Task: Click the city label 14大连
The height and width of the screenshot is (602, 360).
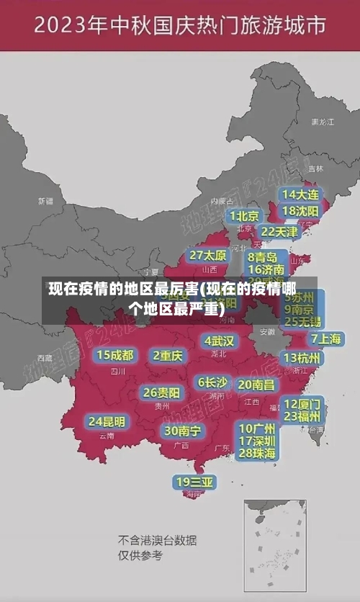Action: [x=300, y=195]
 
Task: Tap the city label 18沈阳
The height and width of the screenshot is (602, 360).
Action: [x=300, y=211]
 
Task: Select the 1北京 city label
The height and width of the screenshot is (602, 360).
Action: [x=244, y=216]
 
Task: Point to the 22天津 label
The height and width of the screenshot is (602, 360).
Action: [x=279, y=232]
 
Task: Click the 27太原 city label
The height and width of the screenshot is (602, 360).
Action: [x=208, y=255]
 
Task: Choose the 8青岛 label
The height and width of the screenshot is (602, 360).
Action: [x=263, y=256]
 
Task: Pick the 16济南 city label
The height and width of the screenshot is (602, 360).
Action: [x=266, y=270]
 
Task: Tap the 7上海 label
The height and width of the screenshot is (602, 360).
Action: [x=325, y=338]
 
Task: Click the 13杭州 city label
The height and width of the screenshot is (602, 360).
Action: [x=303, y=358]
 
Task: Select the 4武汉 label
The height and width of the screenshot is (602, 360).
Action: [x=219, y=341]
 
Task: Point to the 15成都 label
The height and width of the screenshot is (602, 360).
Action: [x=115, y=355]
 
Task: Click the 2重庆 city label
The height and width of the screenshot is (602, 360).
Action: [x=168, y=355]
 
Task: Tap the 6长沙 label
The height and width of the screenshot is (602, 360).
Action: [x=212, y=382]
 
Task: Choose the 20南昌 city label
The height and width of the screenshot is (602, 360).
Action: [x=256, y=385]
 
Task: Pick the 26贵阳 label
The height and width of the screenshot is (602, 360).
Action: [x=161, y=392]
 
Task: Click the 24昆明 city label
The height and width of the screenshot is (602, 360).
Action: [x=107, y=421]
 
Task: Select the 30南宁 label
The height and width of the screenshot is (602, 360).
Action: [x=182, y=431]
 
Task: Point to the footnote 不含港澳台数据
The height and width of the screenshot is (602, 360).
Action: [x=158, y=540]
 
